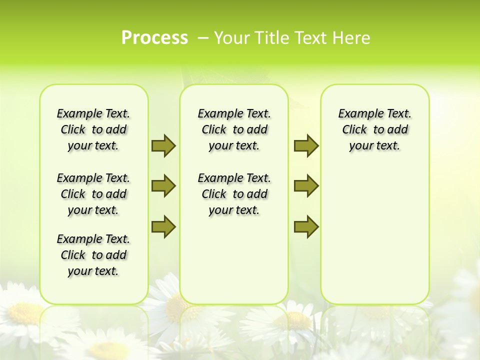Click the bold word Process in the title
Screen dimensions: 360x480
(154, 38)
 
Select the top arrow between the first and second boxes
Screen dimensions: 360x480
(163, 145)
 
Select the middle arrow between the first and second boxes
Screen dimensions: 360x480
(163, 186)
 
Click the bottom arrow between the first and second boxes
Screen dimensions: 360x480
(163, 226)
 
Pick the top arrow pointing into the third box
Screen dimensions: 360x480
(306, 145)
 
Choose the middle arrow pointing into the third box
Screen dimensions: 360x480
(306, 186)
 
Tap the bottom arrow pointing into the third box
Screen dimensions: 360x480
(306, 226)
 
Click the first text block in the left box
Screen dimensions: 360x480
(93, 129)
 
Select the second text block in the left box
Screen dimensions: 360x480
(93, 194)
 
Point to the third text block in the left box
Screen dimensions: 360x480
(93, 255)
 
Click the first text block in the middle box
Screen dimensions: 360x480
(234, 129)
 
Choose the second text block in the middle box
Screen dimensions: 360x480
(234, 194)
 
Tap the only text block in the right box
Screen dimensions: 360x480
(374, 129)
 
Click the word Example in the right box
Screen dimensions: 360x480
(356, 114)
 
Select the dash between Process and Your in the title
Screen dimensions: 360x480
(203, 38)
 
